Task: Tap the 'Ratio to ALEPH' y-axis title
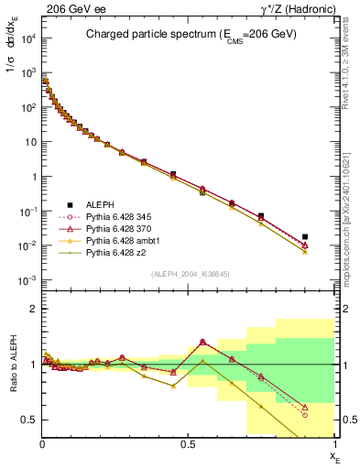[12, 365]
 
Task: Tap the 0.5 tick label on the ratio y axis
[27, 420]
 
